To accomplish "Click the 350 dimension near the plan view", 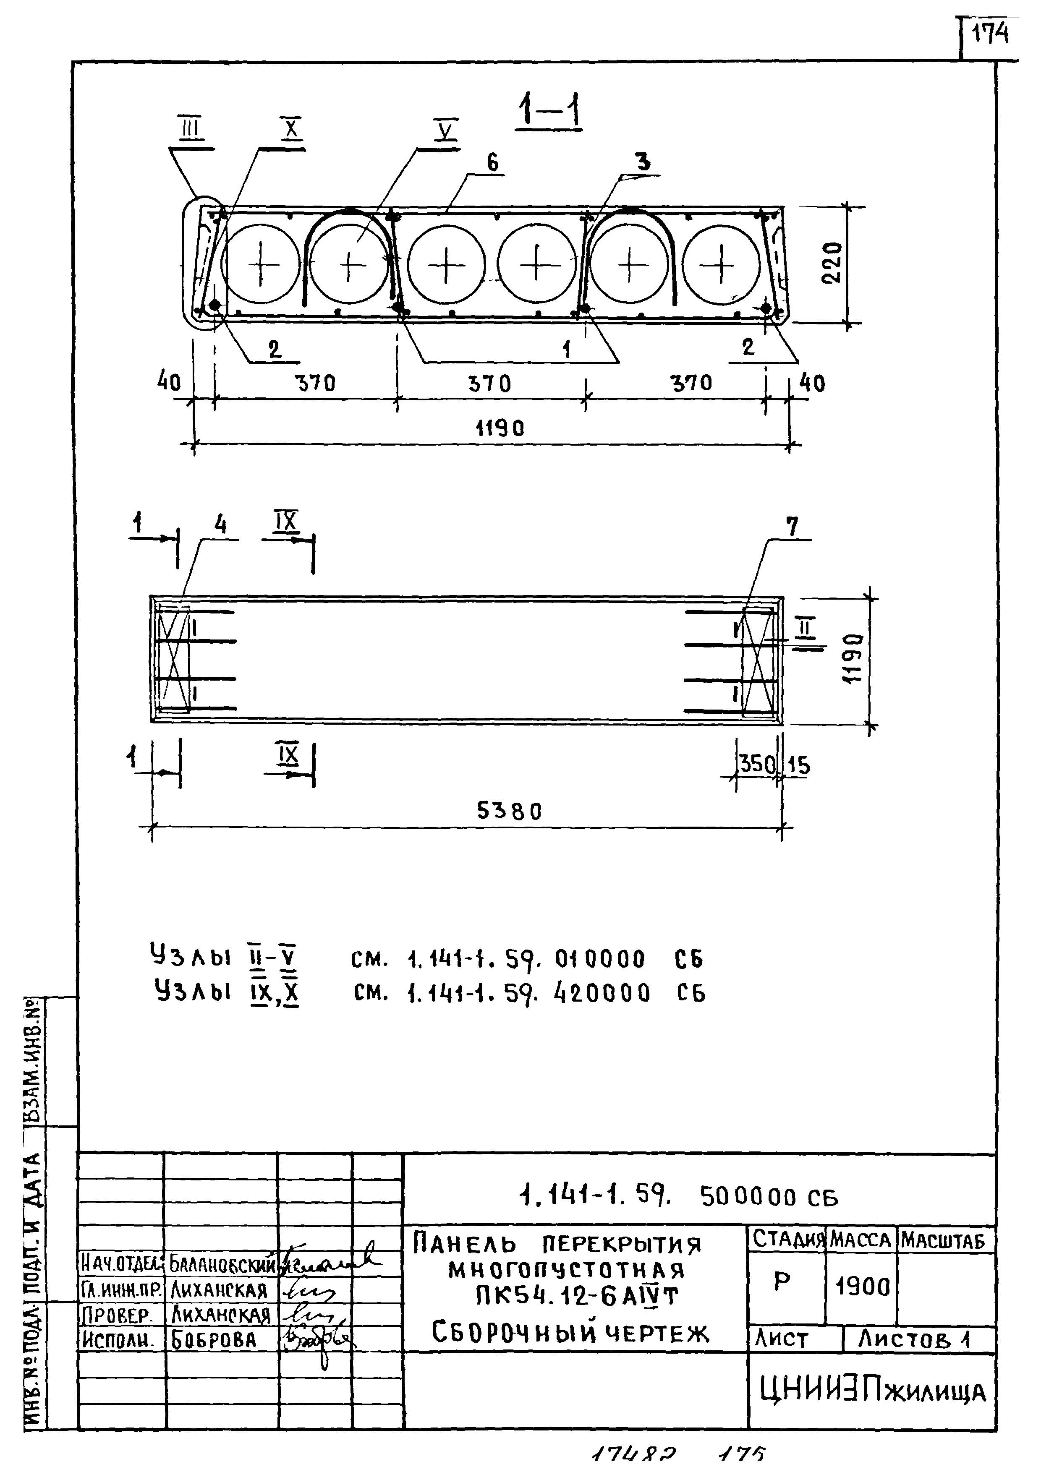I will tap(758, 764).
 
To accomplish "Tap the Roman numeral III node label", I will tap(191, 130).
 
